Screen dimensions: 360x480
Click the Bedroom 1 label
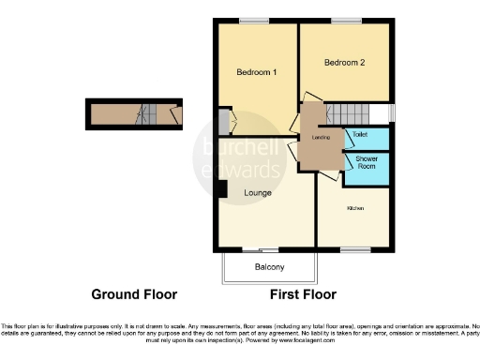[x=256, y=72]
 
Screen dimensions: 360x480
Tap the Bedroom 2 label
[x=344, y=63]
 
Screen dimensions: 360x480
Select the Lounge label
[x=258, y=193]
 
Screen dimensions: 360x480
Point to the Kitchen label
[x=355, y=207]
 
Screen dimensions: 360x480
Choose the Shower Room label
[x=366, y=163]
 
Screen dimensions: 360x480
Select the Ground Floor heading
[x=134, y=294]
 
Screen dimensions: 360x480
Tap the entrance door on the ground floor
[x=174, y=114]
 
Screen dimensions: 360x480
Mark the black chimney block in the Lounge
[x=221, y=188]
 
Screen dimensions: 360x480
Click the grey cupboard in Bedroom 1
[x=223, y=122]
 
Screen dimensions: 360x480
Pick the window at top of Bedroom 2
[x=346, y=21]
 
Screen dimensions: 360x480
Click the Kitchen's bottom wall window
[x=354, y=249]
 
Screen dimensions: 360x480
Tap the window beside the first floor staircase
[x=392, y=112]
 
